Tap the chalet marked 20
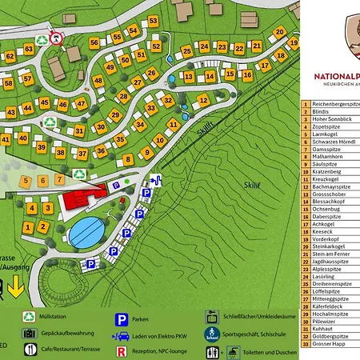coord(279,33)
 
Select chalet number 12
coord(203,100)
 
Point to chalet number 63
coord(29,50)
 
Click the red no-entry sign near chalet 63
coord(55,38)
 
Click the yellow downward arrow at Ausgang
coord(17,285)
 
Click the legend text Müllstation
coord(60,316)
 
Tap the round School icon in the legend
coord(211,333)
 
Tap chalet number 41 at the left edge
coord(6,138)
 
